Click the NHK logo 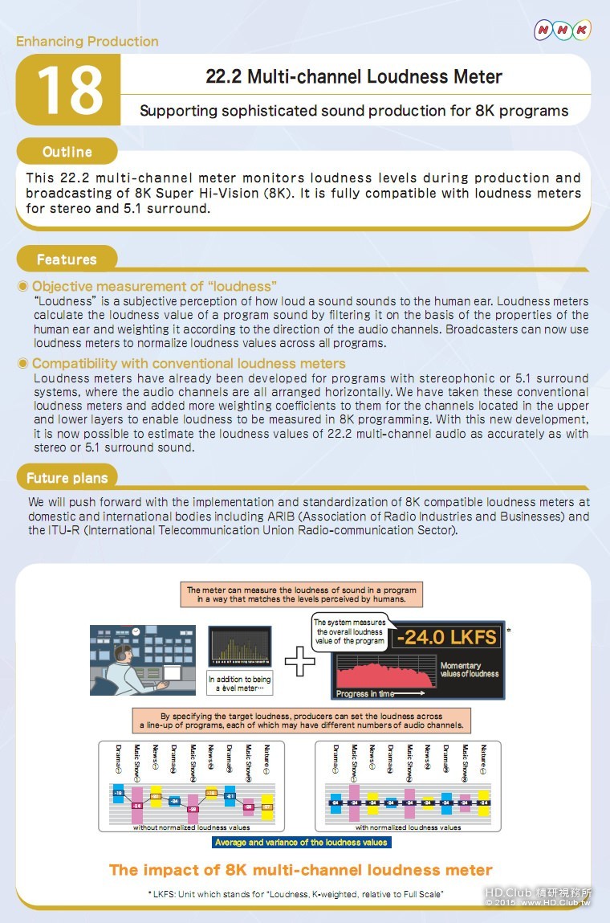pos(563,31)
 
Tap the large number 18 pos(70,90)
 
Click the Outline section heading pos(67,152)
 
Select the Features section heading pos(67,259)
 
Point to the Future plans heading pos(67,478)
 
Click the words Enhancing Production pos(87,42)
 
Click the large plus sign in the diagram pos(300,661)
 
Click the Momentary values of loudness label pos(469,670)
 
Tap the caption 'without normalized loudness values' pos(191,827)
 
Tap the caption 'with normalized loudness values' pos(408,827)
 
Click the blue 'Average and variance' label pos(301,843)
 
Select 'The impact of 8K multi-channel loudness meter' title pos(301,869)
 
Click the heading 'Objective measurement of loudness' pos(154,287)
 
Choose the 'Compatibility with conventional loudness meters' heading pos(189,364)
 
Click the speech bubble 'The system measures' pos(349,631)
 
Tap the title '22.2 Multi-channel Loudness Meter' pos(354,77)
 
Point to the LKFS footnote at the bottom pos(295,894)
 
